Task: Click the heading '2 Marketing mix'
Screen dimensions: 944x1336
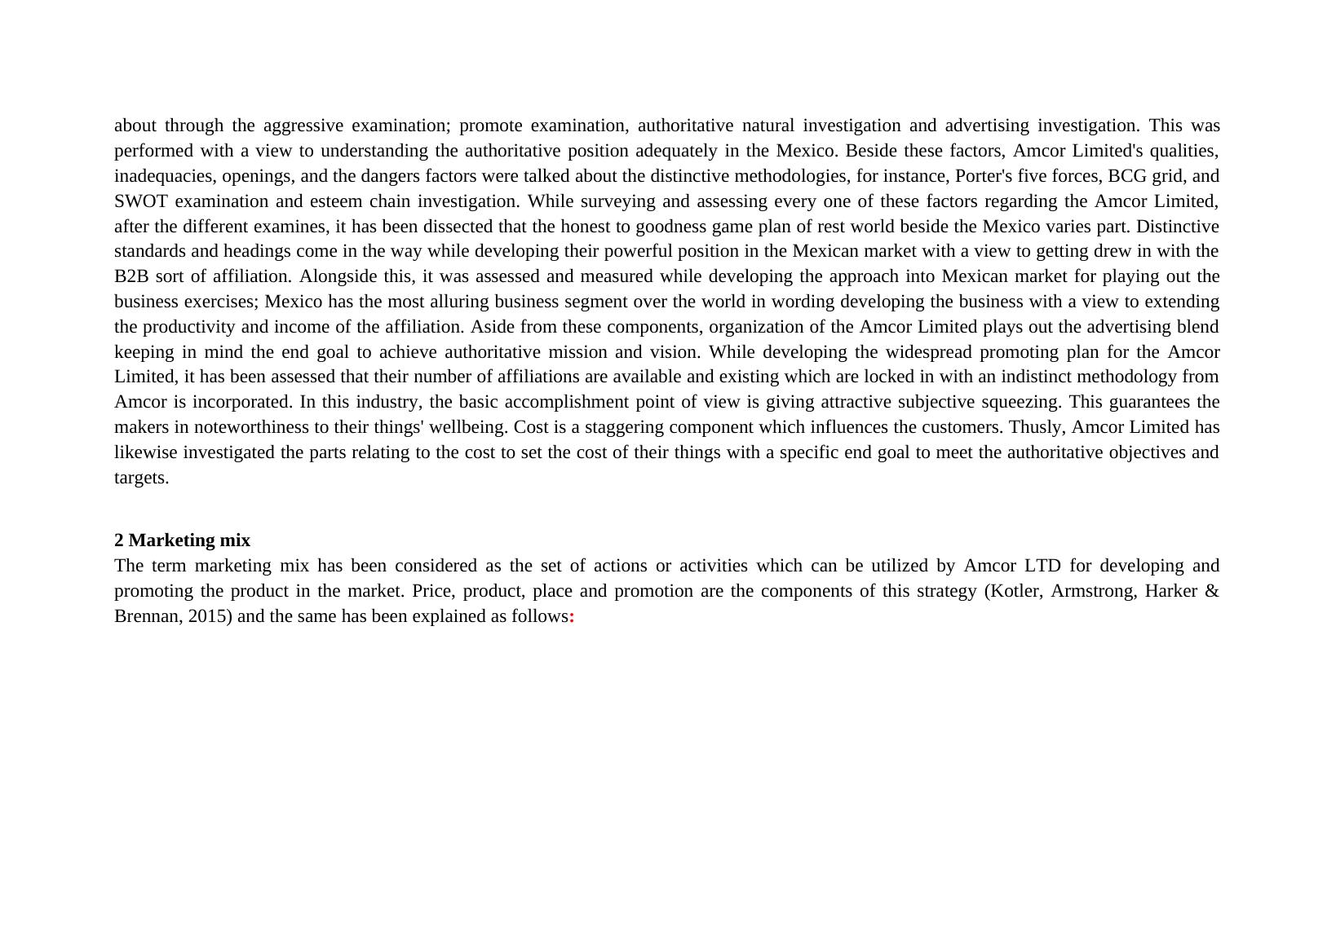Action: [x=182, y=540]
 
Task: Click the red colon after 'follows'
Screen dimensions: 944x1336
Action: [x=572, y=616]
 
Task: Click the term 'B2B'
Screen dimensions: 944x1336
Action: [x=131, y=276]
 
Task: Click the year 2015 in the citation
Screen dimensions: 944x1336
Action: [x=206, y=616]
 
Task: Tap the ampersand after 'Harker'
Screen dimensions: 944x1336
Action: [x=1211, y=591]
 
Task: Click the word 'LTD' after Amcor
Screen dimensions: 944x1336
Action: [x=1042, y=566]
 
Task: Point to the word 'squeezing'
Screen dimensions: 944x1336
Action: [x=1020, y=402]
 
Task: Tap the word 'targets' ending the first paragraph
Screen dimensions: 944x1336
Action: [x=140, y=478]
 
